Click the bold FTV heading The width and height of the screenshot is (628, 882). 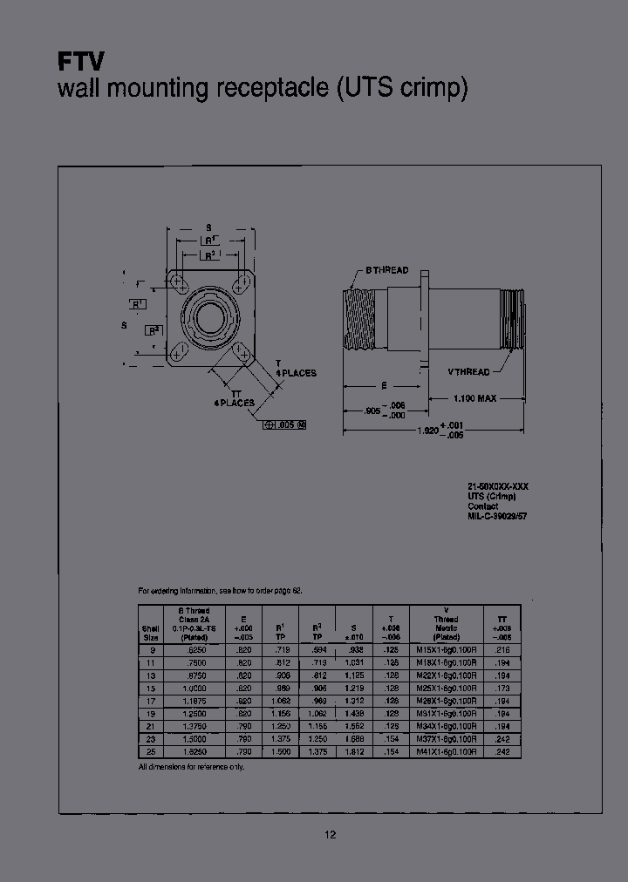(x=81, y=61)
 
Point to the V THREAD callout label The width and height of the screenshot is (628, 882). (x=468, y=371)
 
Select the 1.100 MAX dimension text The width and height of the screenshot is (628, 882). (x=474, y=398)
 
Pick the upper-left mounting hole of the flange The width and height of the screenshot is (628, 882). (x=178, y=282)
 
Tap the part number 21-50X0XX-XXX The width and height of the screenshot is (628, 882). (x=499, y=485)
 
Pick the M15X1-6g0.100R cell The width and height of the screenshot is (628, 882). (x=446, y=650)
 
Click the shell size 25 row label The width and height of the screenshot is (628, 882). (x=151, y=750)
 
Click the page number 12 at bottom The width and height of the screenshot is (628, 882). (x=331, y=834)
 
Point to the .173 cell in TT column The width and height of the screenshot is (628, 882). (x=502, y=688)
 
